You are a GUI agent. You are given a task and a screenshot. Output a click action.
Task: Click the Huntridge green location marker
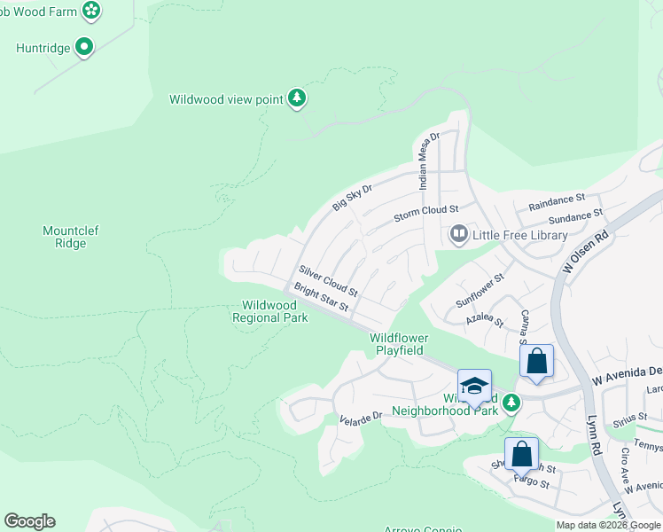(84, 47)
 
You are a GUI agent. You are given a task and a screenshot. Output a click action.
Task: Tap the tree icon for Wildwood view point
(298, 98)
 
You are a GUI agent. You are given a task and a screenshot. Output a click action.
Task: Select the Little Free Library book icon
(458, 235)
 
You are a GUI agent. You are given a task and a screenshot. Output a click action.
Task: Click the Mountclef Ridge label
(71, 237)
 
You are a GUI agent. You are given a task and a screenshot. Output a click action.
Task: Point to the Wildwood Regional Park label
(269, 310)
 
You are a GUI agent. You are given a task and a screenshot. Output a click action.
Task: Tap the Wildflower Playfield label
(399, 344)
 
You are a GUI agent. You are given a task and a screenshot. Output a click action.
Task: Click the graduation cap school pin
(474, 386)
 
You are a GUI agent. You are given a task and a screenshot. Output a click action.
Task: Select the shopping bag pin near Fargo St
(521, 454)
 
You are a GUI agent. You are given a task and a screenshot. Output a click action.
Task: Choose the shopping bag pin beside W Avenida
(536, 361)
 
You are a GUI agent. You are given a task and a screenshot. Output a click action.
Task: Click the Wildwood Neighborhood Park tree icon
(511, 403)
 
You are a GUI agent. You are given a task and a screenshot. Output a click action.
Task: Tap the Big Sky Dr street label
(353, 197)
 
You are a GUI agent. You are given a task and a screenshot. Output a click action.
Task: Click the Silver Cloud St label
(328, 280)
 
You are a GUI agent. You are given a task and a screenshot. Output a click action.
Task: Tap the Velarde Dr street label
(360, 417)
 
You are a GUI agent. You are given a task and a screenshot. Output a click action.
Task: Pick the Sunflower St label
(480, 290)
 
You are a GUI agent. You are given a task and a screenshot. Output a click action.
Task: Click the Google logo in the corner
(29, 521)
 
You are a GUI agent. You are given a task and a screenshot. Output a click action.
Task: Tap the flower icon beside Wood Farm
(90, 11)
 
